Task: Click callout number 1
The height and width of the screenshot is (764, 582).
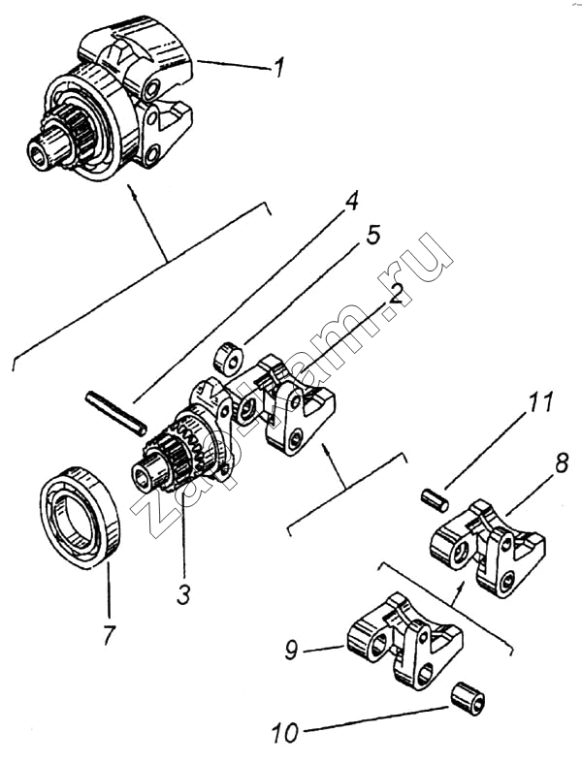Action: (x=278, y=67)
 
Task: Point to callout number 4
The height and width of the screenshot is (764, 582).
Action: (x=351, y=199)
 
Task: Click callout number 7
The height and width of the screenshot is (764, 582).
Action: (x=110, y=634)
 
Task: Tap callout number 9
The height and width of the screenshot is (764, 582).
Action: (x=292, y=649)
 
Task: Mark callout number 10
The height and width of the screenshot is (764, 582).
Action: (x=285, y=732)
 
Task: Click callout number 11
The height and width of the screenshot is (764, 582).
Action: (x=541, y=402)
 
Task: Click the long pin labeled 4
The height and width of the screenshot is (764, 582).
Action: (x=115, y=414)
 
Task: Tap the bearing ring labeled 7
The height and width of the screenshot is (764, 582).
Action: (x=80, y=518)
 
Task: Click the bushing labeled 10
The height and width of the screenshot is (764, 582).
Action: (x=467, y=698)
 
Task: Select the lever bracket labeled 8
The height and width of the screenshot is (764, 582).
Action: (x=488, y=546)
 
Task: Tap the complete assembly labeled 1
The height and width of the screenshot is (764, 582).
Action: (x=111, y=99)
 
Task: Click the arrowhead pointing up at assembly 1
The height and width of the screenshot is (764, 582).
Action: (x=130, y=189)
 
